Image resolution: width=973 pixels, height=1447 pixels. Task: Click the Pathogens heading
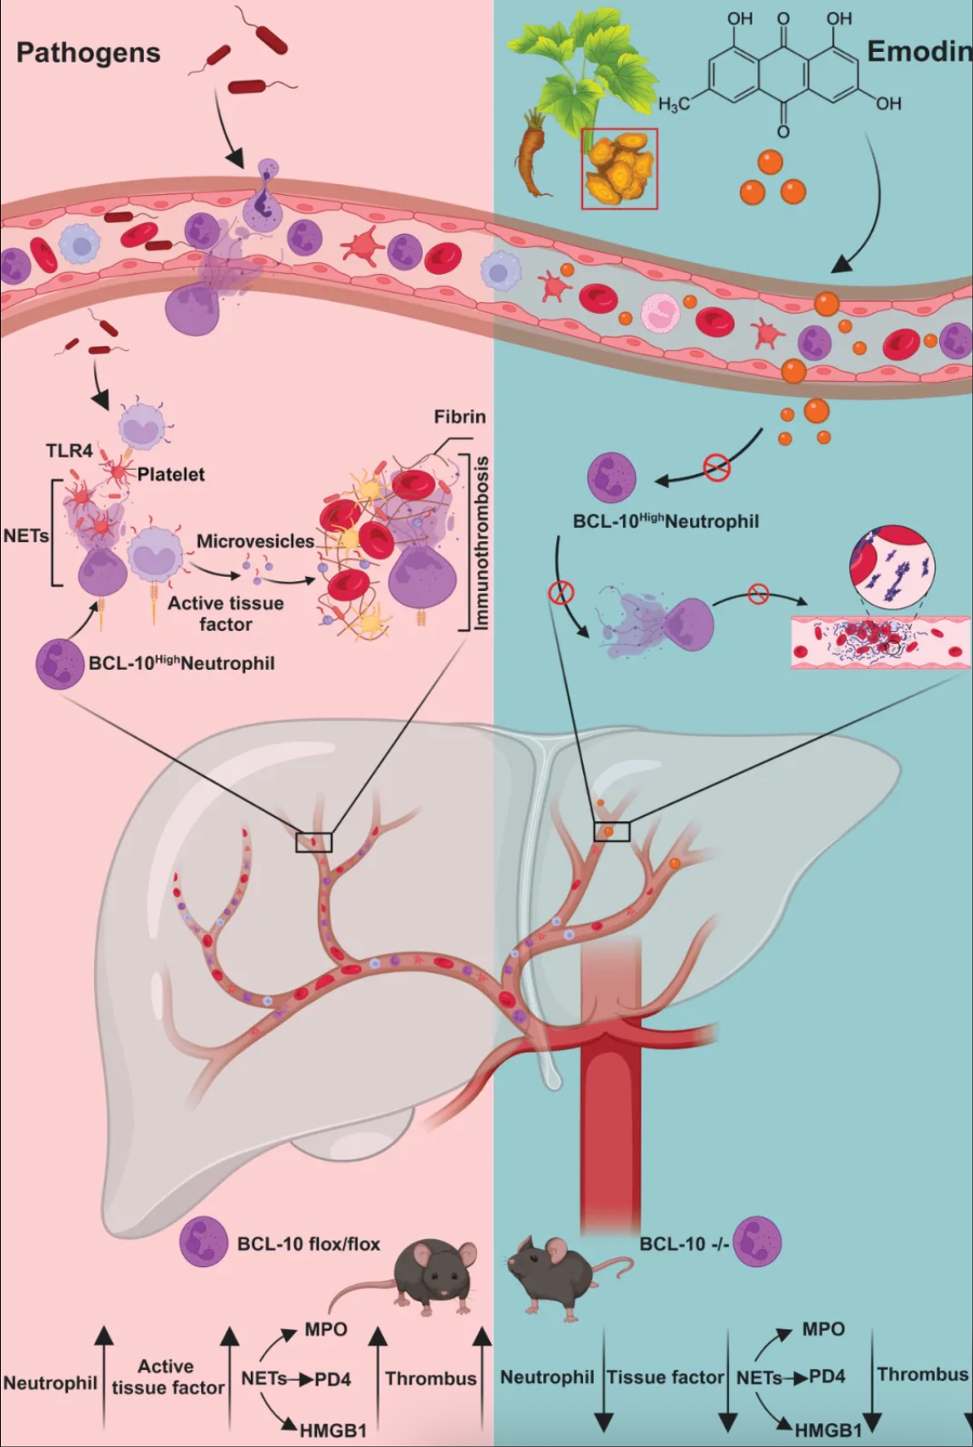pyautogui.click(x=88, y=53)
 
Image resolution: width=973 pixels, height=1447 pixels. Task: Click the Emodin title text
pyautogui.click(x=919, y=52)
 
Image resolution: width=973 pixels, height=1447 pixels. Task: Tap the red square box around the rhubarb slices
pyautogui.click(x=619, y=168)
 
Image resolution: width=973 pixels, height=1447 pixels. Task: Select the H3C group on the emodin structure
pyautogui.click(x=674, y=103)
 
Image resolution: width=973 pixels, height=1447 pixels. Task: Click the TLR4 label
pyautogui.click(x=69, y=450)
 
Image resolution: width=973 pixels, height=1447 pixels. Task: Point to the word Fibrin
pyautogui.click(x=459, y=416)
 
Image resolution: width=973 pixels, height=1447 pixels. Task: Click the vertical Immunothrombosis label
pyautogui.click(x=481, y=543)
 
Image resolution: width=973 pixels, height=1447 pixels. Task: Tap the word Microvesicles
pyautogui.click(x=255, y=540)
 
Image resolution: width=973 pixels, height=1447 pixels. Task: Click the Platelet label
pyautogui.click(x=170, y=474)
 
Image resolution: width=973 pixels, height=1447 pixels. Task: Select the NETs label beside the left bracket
pyautogui.click(x=25, y=536)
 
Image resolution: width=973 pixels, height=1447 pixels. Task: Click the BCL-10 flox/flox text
pyautogui.click(x=309, y=1244)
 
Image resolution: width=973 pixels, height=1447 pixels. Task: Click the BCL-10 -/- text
pyautogui.click(x=684, y=1244)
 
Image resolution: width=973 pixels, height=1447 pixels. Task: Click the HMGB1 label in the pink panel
pyautogui.click(x=333, y=1430)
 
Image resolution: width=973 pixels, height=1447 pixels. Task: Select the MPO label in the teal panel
pyautogui.click(x=823, y=1329)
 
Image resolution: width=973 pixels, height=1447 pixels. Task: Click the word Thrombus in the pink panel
pyautogui.click(x=431, y=1378)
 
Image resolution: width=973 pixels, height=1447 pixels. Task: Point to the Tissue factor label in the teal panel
pyautogui.click(x=665, y=1377)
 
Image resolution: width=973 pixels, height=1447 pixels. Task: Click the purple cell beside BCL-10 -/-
pyautogui.click(x=757, y=1242)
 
